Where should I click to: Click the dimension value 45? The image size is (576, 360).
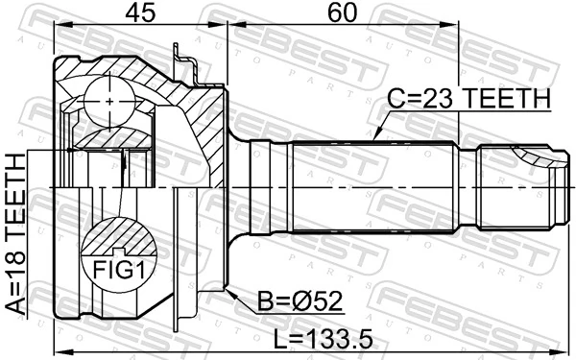point(140,13)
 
